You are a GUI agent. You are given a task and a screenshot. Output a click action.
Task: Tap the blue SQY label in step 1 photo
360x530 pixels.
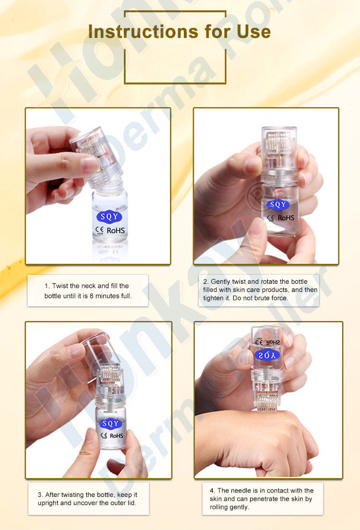[x=108, y=215]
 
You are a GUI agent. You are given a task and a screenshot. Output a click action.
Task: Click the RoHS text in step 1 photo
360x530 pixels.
[x=116, y=230]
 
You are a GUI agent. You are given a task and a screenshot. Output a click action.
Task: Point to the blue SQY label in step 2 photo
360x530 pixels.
[x=277, y=205]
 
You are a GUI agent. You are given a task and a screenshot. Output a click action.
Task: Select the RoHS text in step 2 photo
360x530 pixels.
[x=285, y=217]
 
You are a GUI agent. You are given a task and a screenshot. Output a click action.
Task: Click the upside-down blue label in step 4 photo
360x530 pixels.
[x=266, y=356]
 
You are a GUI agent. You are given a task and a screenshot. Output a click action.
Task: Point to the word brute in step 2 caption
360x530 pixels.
[x=264, y=298]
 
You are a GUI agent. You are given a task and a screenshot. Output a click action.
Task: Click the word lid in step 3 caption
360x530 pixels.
[x=133, y=503]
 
